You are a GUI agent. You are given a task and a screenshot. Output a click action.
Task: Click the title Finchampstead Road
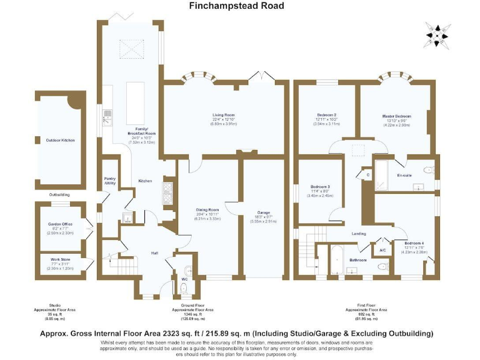pos(236,6)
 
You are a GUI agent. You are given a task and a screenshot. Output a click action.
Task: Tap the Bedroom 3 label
pos(320,187)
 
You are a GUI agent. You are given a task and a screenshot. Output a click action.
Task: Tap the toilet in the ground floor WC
pos(184,287)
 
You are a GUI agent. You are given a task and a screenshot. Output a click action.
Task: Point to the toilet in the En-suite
pos(428,169)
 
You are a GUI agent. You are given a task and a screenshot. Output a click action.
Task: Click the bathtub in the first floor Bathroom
pos(335,258)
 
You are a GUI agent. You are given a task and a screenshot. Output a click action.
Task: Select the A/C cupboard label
pos(382,250)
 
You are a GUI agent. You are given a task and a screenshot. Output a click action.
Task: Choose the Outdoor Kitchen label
pos(60,140)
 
